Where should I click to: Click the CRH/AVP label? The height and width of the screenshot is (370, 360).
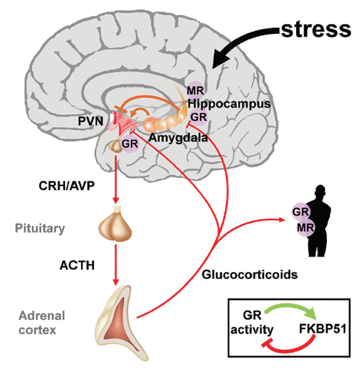click(x=65, y=185)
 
